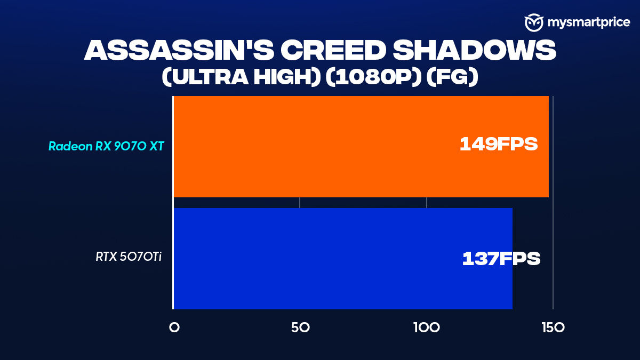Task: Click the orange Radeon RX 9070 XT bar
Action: click(x=361, y=147)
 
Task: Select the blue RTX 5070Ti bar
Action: click(x=343, y=259)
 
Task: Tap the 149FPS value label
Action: click(x=499, y=144)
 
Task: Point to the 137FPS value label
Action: click(x=501, y=259)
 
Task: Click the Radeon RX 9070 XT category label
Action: click(x=106, y=146)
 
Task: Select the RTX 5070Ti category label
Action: click(x=129, y=257)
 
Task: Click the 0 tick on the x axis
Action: click(x=174, y=327)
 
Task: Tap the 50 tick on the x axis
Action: click(x=300, y=327)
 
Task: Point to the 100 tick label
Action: click(x=427, y=327)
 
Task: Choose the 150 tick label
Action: click(x=553, y=327)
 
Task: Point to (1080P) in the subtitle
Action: click(x=374, y=77)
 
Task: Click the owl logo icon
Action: click(x=534, y=22)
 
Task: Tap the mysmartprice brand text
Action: click(x=589, y=22)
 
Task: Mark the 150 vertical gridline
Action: click(x=553, y=203)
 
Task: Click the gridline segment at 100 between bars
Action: click(x=427, y=203)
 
